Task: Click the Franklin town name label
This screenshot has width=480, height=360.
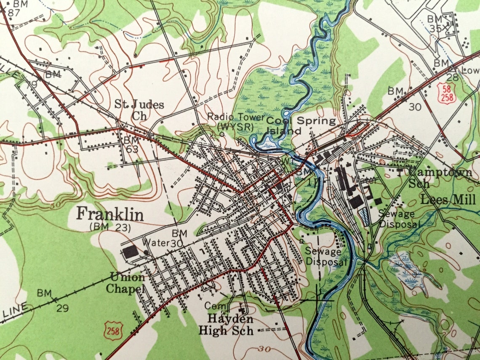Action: tap(110, 215)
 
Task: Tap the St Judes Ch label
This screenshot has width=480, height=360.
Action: tap(139, 109)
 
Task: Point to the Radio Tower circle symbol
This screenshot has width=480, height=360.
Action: tap(222, 134)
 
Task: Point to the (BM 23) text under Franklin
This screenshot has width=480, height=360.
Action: tap(110, 227)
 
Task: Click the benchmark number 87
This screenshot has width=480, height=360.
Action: tap(14, 13)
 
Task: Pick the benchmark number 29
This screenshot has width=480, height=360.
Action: tap(62, 308)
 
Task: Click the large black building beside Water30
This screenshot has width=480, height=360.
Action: tap(131, 252)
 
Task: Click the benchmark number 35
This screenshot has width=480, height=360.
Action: tap(435, 29)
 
